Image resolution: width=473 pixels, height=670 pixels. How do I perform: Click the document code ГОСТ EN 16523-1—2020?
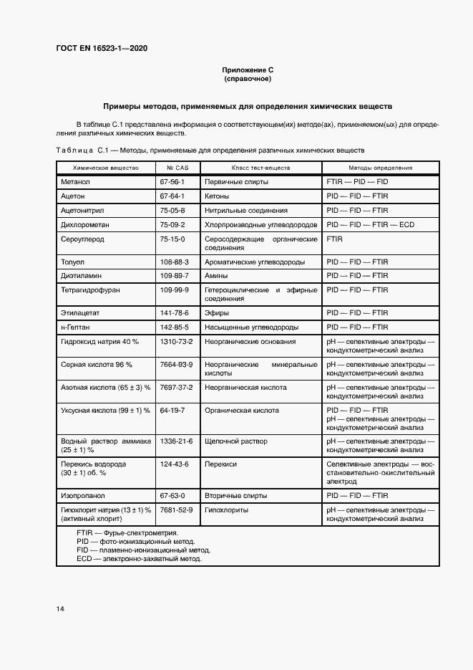point(102,48)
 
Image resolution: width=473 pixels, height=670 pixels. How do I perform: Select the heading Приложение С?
point(248,70)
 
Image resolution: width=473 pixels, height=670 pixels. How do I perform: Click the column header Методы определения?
point(380,168)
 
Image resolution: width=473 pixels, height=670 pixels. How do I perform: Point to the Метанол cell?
point(75,182)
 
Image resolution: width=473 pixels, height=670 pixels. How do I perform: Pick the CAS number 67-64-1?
point(172,196)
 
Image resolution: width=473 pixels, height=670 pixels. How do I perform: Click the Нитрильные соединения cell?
point(245,211)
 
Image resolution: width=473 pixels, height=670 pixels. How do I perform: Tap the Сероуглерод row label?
point(83,239)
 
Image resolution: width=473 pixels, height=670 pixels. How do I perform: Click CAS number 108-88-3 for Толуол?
point(175,262)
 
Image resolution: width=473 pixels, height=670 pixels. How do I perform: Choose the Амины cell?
point(216,276)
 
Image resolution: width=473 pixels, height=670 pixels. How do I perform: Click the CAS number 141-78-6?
point(175,313)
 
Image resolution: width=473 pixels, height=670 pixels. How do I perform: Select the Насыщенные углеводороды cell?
point(251,327)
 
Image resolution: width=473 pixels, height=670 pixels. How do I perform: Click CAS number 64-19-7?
point(172,411)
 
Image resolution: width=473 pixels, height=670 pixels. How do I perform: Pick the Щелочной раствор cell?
point(235,442)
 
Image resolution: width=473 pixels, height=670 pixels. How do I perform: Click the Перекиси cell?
point(220,465)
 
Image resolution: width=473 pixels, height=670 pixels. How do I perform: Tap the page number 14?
point(60,609)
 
